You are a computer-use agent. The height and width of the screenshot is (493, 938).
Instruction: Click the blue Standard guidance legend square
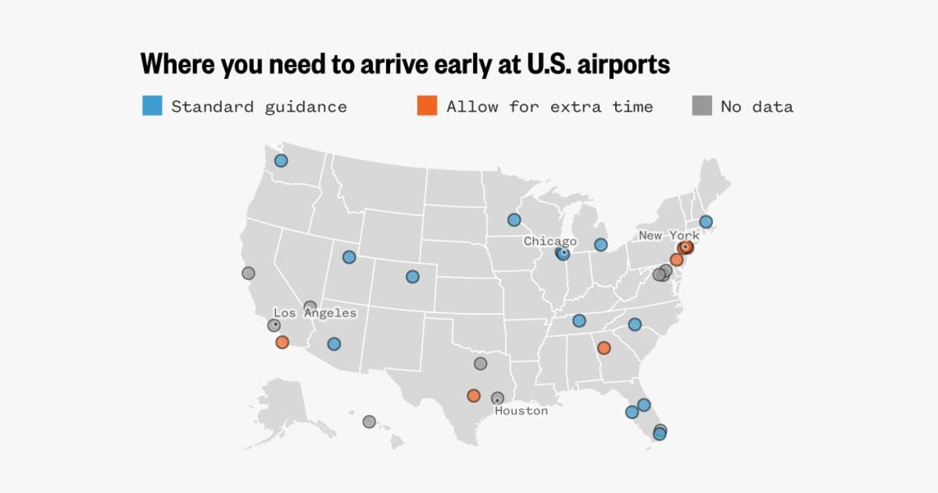click(x=152, y=106)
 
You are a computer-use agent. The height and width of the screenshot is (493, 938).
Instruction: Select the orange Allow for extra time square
click(x=427, y=106)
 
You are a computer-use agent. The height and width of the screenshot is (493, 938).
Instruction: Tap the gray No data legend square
click(x=701, y=106)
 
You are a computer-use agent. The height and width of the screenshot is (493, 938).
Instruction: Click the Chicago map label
click(x=550, y=241)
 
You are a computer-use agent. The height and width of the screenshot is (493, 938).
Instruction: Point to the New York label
click(x=669, y=235)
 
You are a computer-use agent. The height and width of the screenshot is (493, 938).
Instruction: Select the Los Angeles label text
click(x=314, y=313)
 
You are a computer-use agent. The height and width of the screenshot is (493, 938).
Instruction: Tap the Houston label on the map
click(x=521, y=410)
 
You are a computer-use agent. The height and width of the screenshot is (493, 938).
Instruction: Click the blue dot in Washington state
click(x=281, y=160)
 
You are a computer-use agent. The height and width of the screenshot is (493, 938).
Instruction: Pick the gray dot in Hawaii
click(x=369, y=422)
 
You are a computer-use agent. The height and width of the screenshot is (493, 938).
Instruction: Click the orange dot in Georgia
click(x=603, y=347)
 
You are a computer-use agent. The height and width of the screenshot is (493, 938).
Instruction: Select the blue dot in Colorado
click(x=412, y=276)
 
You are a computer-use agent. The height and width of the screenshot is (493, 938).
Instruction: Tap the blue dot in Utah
click(x=349, y=257)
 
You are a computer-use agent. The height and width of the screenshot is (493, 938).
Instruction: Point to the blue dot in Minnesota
click(x=514, y=220)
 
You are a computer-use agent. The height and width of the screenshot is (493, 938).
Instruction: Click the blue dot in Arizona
click(x=334, y=344)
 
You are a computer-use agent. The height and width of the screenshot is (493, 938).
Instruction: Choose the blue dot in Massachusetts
click(x=706, y=221)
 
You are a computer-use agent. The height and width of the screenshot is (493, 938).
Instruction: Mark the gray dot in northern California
click(x=248, y=273)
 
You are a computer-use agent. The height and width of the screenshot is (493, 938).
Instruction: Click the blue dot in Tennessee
click(x=578, y=320)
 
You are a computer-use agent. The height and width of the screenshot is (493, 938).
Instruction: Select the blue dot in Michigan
click(x=600, y=245)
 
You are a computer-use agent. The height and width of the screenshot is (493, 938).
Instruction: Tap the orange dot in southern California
click(x=282, y=342)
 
